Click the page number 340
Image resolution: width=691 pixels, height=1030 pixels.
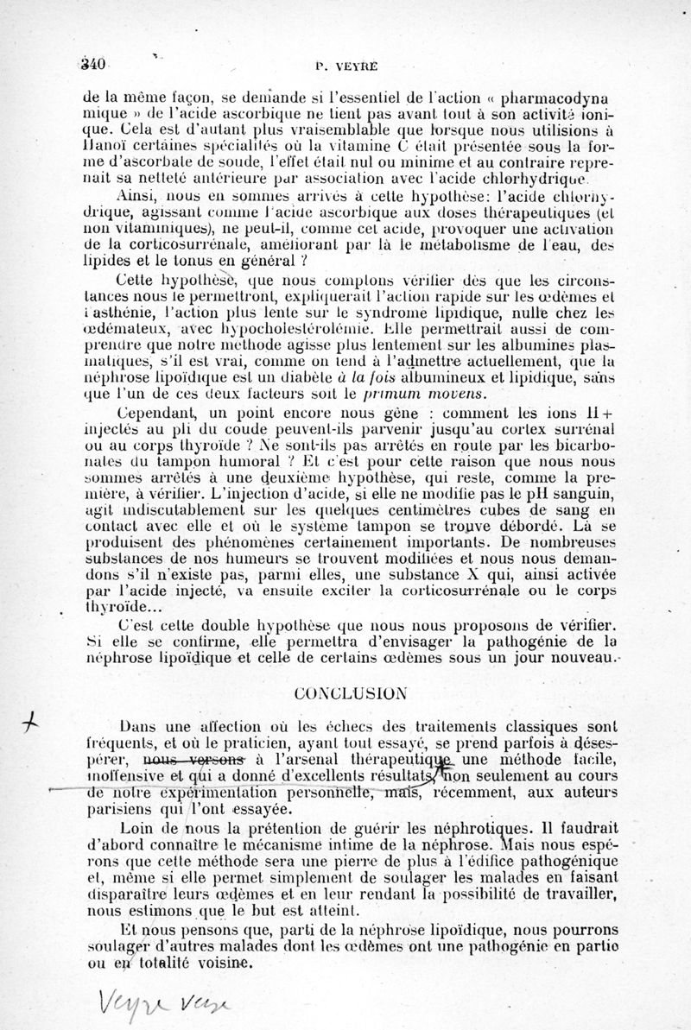(x=91, y=63)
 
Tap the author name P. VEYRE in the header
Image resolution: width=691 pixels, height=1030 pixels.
(x=344, y=63)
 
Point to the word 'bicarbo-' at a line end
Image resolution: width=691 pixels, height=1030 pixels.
(x=581, y=447)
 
